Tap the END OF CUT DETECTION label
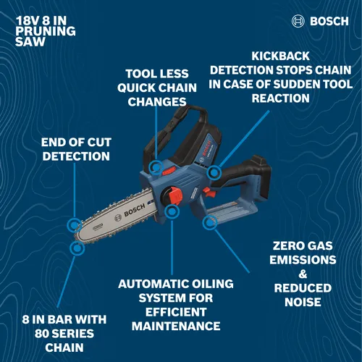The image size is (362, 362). coord(76,148)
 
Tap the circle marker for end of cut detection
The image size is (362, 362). coord(74,226)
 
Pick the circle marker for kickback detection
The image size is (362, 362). coord(214,173)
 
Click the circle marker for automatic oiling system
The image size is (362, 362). coord(172,211)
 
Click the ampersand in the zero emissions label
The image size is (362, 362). coord(303,274)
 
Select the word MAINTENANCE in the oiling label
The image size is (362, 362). coord(173,327)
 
